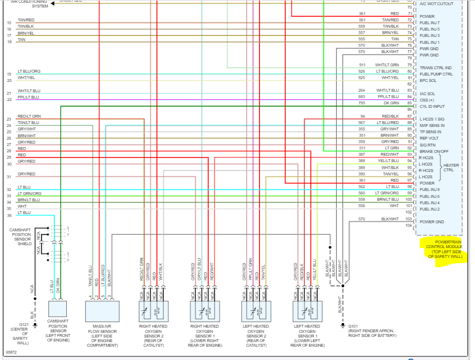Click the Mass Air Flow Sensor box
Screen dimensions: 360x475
[x=101, y=311]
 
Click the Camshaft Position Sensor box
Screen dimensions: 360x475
[x=57, y=311]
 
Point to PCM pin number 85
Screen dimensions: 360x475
[x=409, y=104]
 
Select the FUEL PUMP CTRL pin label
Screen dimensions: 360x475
[x=436, y=74]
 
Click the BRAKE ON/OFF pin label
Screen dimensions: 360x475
[x=434, y=151]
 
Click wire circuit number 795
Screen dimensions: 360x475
[x=361, y=104]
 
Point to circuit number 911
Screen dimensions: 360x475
[x=362, y=65]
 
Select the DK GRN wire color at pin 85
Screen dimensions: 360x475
[x=391, y=104]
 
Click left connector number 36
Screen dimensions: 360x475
[x=9, y=216]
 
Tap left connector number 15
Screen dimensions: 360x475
[x=9, y=22]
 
